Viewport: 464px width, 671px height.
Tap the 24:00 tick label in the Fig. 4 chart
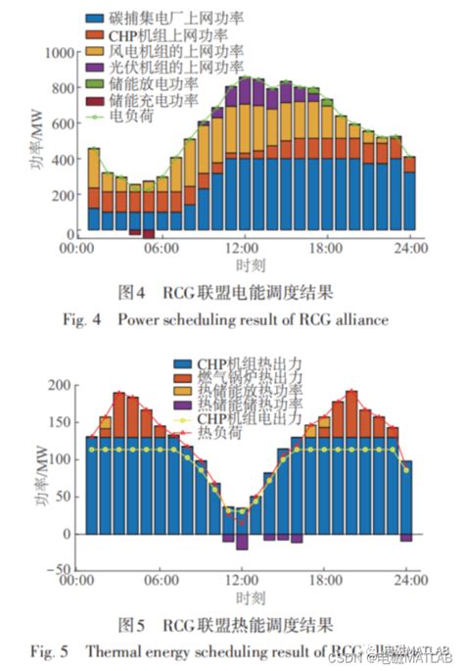coord(410,250)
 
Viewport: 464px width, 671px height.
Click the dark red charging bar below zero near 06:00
coord(149,235)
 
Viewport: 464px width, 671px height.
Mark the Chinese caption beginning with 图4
coord(226,292)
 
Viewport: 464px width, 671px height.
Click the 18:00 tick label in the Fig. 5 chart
coord(327,581)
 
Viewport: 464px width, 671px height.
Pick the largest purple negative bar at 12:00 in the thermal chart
coord(242,542)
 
